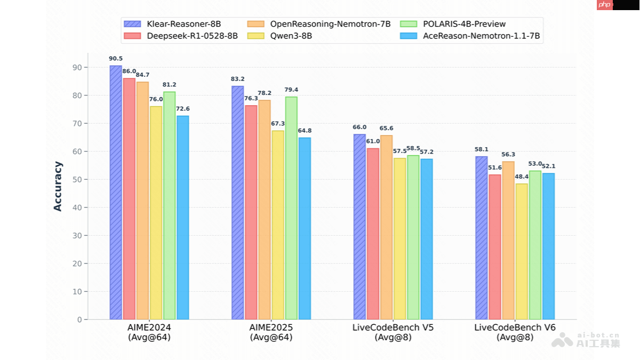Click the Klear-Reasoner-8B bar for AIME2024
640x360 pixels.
(x=116, y=193)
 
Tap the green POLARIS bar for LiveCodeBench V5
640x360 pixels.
(x=413, y=237)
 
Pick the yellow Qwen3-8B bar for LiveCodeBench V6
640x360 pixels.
(x=522, y=251)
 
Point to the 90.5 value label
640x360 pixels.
(x=116, y=59)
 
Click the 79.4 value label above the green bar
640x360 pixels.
(x=291, y=90)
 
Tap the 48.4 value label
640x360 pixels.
(x=522, y=177)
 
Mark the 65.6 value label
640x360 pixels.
(x=387, y=129)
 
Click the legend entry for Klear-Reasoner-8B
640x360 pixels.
(x=172, y=24)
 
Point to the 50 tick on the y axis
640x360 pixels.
(x=78, y=179)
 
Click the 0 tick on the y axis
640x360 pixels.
(x=80, y=319)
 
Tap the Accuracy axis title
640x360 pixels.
(x=58, y=186)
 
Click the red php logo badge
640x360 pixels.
(x=604, y=5)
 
